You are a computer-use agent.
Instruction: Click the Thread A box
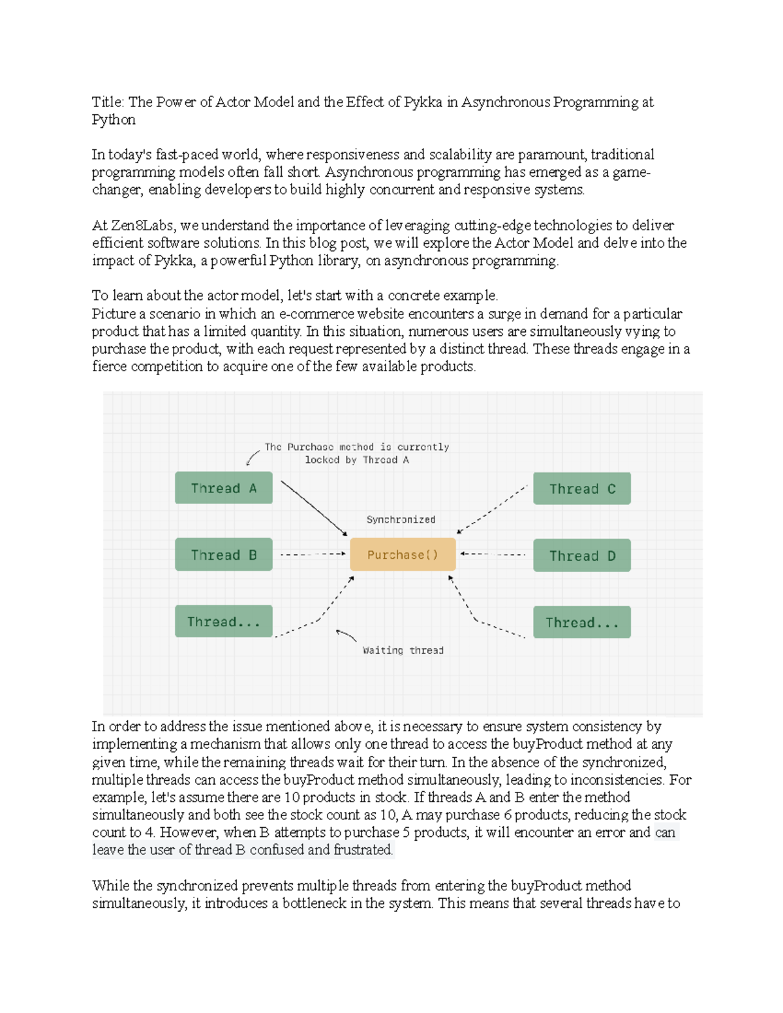[x=223, y=488]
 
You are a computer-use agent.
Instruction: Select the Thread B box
[x=223, y=555]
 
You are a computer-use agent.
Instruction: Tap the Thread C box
[x=581, y=489]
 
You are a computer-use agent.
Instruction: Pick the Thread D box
[x=581, y=556]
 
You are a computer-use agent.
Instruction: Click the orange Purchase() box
[x=403, y=554]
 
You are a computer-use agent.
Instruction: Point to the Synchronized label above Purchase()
[x=401, y=519]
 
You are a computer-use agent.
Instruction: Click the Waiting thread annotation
[x=403, y=650]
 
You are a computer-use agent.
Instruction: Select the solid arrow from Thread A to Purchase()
[x=313, y=507]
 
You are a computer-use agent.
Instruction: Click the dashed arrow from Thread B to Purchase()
[x=312, y=554]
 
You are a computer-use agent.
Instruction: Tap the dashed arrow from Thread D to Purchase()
[x=493, y=554]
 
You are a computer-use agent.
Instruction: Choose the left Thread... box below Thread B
[x=223, y=622]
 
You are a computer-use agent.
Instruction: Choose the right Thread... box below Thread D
[x=581, y=622]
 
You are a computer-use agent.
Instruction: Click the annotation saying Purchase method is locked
[x=356, y=453]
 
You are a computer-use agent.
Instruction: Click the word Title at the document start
[x=107, y=102]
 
